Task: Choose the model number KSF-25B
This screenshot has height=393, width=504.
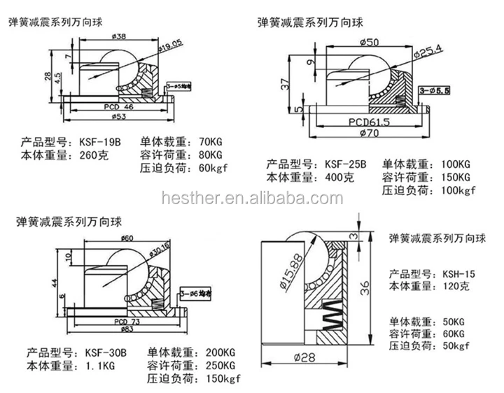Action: (x=344, y=164)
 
